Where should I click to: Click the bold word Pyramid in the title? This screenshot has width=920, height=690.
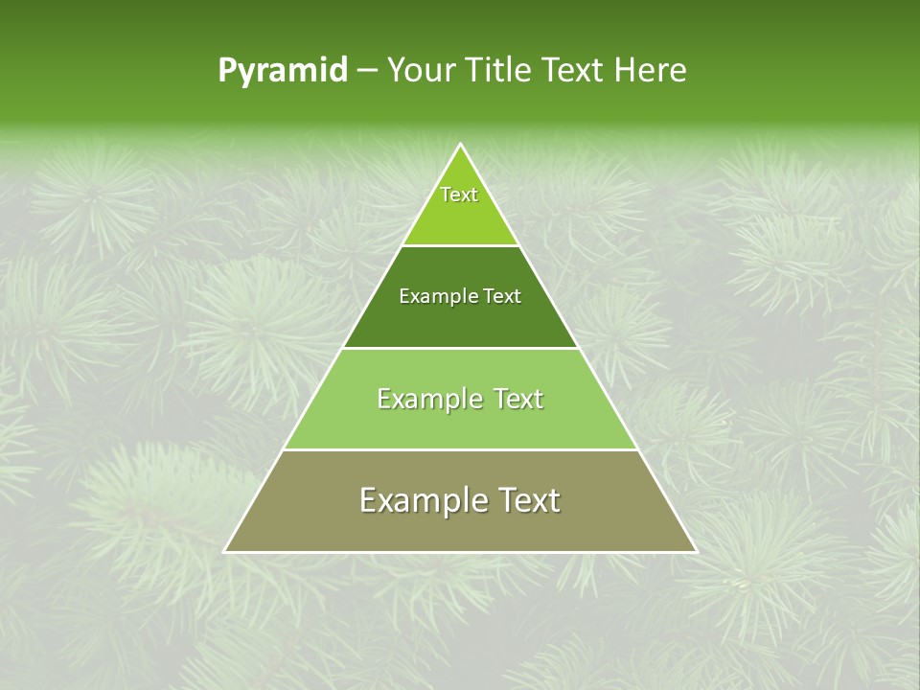283,71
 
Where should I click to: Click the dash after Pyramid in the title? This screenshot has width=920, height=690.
366,71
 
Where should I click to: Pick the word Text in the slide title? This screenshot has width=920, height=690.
574,71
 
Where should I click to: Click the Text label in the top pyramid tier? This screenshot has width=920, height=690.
459,195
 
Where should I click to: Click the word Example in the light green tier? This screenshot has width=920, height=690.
427,399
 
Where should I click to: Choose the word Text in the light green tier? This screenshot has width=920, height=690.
517,399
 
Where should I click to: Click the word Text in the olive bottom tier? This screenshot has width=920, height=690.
528,500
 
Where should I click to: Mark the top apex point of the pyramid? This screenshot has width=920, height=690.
461,145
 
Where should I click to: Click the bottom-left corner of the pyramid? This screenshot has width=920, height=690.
225,551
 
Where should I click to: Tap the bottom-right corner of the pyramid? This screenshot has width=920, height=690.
696,551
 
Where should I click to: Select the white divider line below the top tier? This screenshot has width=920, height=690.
461,245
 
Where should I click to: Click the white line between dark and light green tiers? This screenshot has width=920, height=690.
461,348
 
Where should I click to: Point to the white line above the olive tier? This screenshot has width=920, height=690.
461,449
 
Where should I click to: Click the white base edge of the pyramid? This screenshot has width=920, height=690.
461,552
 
